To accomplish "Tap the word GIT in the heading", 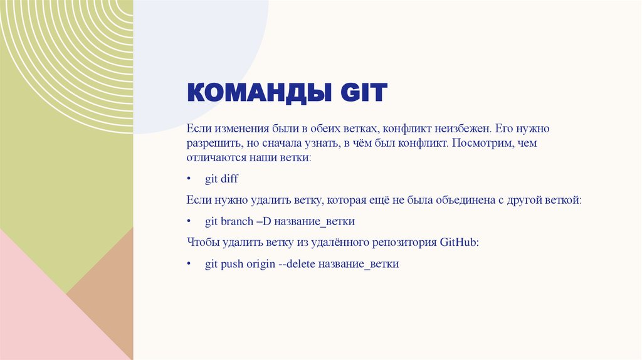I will coord(364,93).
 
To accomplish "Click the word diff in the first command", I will coord(229,179).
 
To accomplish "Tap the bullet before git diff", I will coord(189,179).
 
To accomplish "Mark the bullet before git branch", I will coord(189,222).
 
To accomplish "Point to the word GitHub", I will coord(460,243).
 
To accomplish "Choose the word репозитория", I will coord(393,243).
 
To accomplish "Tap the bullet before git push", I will coord(189,264).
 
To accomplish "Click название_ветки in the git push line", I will coord(359,264).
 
